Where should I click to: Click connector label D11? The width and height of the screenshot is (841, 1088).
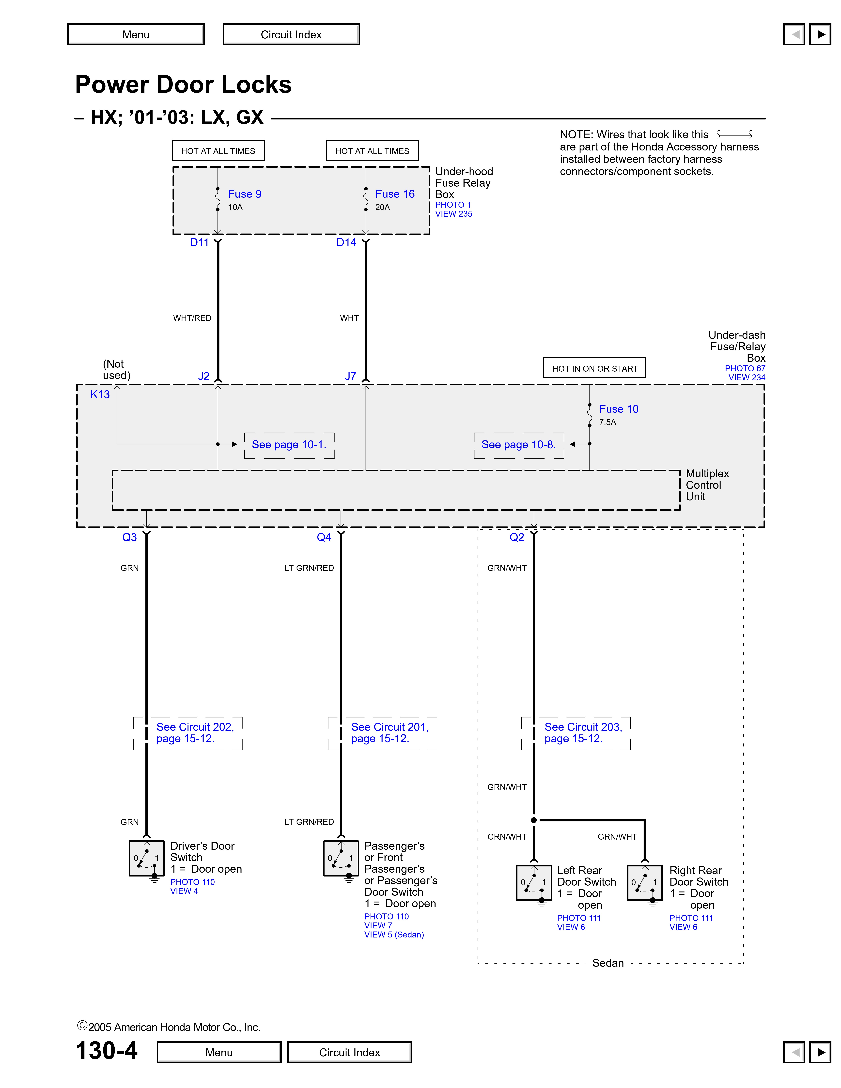[199, 243]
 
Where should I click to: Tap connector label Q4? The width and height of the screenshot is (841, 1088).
[324, 538]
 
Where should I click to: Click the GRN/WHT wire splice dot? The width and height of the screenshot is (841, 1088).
[534, 820]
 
